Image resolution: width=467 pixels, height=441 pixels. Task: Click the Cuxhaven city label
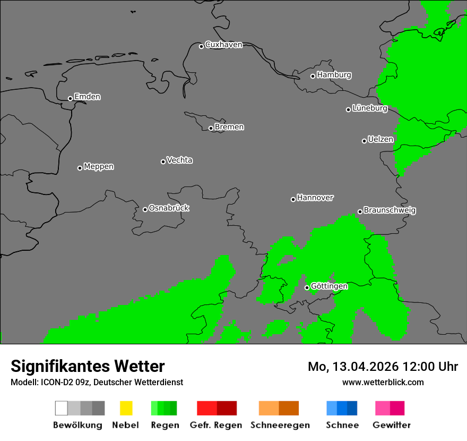coord(223,45)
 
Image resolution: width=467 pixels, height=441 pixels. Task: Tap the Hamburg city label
coord(334,75)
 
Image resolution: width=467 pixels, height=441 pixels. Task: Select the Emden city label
coord(87,97)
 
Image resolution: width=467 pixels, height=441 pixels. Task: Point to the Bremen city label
coord(229,127)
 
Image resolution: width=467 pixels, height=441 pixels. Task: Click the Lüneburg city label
coord(370,108)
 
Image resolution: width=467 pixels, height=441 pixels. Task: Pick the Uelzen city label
coord(380,140)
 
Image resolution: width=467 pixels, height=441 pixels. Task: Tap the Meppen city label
coord(99,167)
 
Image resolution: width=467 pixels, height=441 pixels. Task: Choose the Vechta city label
coord(179,160)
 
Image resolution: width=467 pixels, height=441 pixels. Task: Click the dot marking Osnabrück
coord(145,209)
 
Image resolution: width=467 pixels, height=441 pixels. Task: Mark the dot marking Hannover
coord(293,199)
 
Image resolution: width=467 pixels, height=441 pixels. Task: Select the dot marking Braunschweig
coord(360,211)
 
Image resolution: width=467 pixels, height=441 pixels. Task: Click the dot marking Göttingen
coord(307,288)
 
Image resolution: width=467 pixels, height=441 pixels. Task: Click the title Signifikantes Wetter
coord(88,367)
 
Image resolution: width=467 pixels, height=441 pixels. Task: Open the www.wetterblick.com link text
coord(383,382)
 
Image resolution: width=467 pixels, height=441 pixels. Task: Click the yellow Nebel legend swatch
coord(126,408)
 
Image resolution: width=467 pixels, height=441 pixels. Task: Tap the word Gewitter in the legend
coord(392,425)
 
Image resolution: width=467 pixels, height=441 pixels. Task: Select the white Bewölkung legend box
coord(61,408)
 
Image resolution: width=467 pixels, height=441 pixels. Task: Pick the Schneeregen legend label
coord(280,425)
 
